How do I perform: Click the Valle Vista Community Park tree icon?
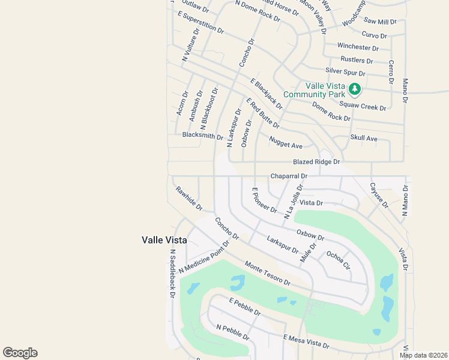tap(355, 89)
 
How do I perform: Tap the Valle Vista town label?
tap(164, 240)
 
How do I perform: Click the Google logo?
tap(20, 353)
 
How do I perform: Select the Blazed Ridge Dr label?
tap(316, 162)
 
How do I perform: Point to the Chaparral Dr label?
tap(289, 176)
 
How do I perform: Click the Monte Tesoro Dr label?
tap(268, 274)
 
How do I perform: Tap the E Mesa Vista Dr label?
tap(306, 341)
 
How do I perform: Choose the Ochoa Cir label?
tap(338, 260)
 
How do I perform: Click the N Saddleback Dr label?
tap(172, 274)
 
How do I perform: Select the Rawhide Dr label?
tap(188, 199)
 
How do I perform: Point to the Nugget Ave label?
tap(286, 142)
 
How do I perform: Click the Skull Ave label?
tap(364, 139)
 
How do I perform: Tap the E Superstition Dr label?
tap(200, 22)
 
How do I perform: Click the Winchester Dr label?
tap(358, 47)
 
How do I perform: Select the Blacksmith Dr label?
tap(202, 136)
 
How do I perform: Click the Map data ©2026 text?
tap(423, 355)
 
